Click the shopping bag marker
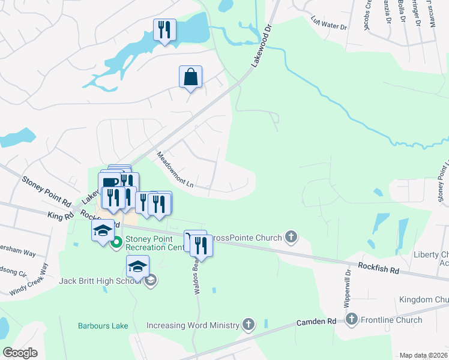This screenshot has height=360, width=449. (x=190, y=77)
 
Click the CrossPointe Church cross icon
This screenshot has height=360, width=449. (x=292, y=237)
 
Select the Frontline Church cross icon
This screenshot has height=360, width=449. (x=352, y=320)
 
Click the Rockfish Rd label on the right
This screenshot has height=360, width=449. (x=379, y=268)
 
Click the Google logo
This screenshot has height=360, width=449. (x=20, y=353)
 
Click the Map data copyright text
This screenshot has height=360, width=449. (x=423, y=355)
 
